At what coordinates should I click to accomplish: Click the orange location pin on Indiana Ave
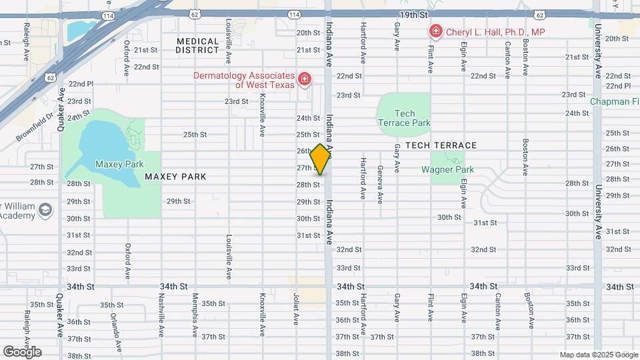tap(321, 160)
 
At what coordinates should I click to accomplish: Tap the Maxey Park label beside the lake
tap(119, 164)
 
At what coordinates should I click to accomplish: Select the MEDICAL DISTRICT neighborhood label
tap(197, 45)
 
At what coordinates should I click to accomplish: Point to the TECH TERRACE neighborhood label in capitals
tap(446, 145)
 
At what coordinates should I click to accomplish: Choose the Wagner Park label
tap(447, 169)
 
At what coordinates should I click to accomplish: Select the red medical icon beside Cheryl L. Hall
tap(435, 31)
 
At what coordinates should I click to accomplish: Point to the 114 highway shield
tap(107, 15)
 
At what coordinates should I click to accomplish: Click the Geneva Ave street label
tap(380, 184)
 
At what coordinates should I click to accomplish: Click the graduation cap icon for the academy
tap(45, 210)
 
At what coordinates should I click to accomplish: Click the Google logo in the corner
tap(22, 352)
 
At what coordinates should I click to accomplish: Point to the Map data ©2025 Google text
tap(598, 355)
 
